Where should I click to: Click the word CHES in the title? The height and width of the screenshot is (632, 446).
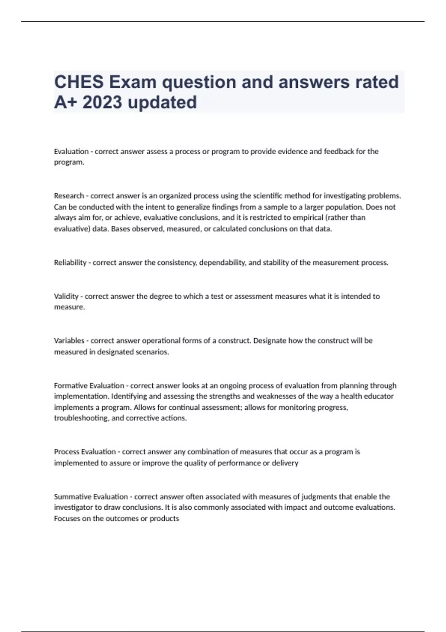click(x=78, y=82)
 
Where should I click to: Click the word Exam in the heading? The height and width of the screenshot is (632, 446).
click(x=132, y=82)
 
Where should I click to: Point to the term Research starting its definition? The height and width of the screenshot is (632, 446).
click(x=69, y=196)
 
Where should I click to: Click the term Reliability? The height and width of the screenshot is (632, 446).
click(x=70, y=263)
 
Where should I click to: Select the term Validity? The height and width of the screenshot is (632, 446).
click(x=66, y=296)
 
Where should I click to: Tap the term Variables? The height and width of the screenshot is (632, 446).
click(x=69, y=341)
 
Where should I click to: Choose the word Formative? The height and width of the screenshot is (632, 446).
click(x=70, y=386)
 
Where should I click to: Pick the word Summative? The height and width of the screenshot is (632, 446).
click(x=72, y=497)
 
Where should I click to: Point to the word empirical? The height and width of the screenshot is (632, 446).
click(x=294, y=217)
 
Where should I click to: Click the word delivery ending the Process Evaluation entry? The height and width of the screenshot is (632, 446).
click(x=285, y=463)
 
